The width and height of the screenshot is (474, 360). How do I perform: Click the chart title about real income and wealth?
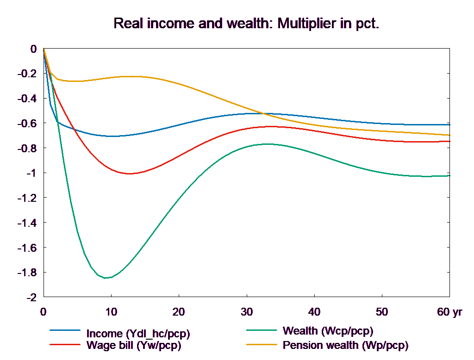(x=246, y=24)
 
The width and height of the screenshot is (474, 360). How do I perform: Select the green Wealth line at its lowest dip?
(x=106, y=278)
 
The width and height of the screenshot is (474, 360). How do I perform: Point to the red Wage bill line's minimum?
(x=129, y=174)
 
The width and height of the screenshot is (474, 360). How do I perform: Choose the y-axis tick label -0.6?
(x=27, y=124)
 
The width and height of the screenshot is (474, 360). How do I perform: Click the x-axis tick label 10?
(x=111, y=312)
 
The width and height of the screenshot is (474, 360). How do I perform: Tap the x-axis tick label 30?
(x=246, y=312)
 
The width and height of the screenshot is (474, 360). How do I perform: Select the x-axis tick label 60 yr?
(x=449, y=312)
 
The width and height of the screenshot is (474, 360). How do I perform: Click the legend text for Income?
(x=138, y=334)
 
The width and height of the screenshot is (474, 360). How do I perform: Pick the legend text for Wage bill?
(x=134, y=345)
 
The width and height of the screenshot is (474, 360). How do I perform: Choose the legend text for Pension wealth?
(x=345, y=345)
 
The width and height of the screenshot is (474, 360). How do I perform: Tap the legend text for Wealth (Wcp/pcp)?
(x=328, y=331)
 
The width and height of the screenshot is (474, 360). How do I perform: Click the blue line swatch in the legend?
(x=65, y=331)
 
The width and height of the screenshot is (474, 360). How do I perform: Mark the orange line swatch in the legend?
(x=262, y=345)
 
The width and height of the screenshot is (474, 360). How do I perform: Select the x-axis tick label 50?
(x=382, y=312)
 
